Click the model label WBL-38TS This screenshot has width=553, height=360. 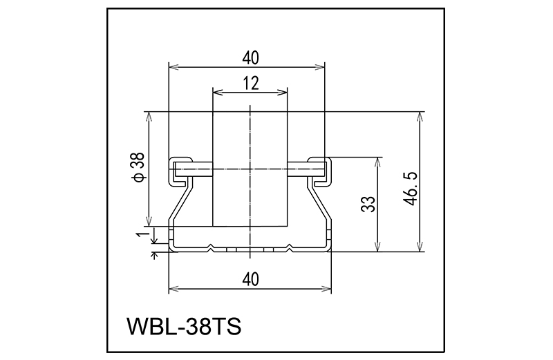pyautogui.click(x=184, y=326)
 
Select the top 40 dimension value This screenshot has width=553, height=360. pyautogui.click(x=251, y=58)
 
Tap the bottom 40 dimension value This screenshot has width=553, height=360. pyautogui.click(x=251, y=279)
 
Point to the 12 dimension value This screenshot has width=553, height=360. pyautogui.click(x=251, y=83)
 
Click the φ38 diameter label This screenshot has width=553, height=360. pyautogui.click(x=139, y=167)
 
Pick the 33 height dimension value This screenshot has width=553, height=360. pyautogui.click(x=368, y=204)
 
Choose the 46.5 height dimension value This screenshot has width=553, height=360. pyautogui.click(x=411, y=189)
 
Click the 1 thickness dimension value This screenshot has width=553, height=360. pyautogui.click(x=141, y=234)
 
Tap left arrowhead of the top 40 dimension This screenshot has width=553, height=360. pyautogui.click(x=174, y=67)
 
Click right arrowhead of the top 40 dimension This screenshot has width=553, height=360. pyautogui.click(x=319, y=67)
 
